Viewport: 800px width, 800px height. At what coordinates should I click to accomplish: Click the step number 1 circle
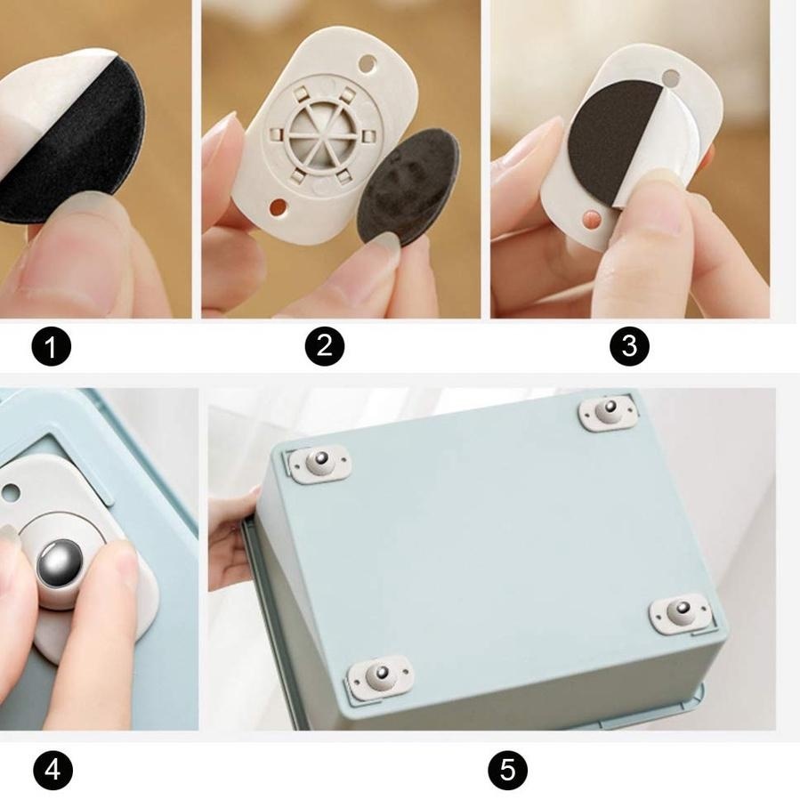(52, 346)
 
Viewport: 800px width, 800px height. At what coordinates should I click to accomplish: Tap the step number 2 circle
(325, 346)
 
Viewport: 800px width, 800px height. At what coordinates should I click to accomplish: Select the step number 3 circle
(630, 346)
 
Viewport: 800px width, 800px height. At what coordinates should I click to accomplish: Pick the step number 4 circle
(53, 771)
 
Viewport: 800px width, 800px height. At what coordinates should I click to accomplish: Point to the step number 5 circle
(507, 771)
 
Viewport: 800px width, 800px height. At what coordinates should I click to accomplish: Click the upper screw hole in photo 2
(367, 64)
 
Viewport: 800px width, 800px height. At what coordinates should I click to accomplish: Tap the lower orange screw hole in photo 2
(278, 207)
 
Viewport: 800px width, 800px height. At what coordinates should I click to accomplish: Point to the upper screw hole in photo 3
(672, 78)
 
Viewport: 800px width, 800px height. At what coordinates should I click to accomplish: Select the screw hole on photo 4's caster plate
(11, 493)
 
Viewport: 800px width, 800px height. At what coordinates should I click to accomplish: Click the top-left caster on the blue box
(319, 462)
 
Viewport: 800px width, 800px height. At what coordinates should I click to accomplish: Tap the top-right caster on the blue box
(610, 411)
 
